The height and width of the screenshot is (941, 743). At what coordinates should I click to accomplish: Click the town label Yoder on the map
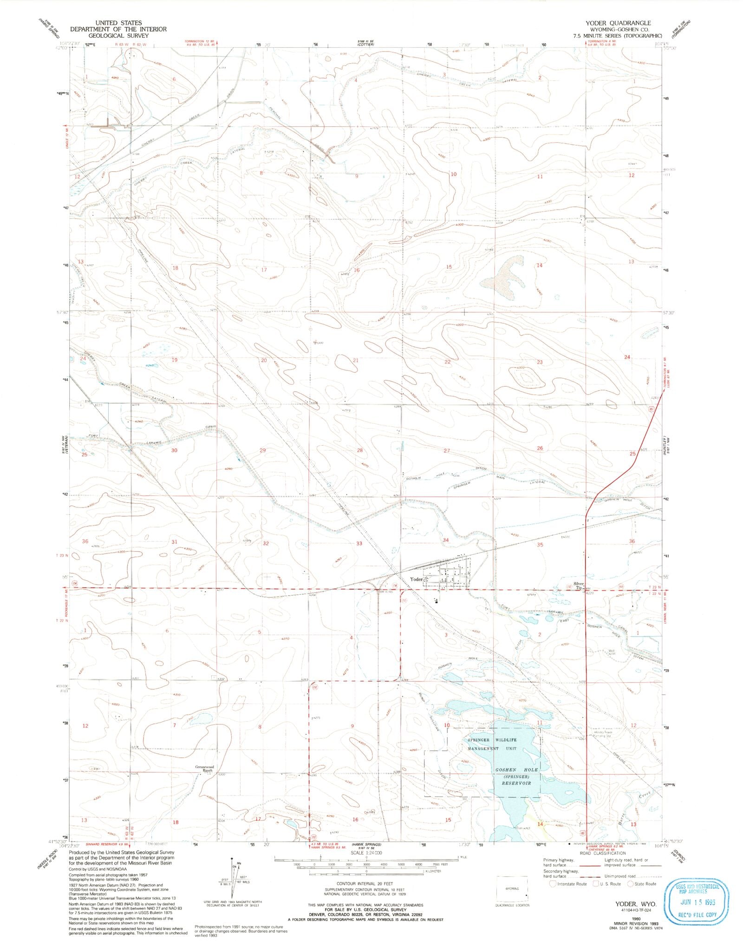pyautogui.click(x=416, y=579)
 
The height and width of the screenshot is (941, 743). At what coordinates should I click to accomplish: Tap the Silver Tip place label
pyautogui.click(x=578, y=586)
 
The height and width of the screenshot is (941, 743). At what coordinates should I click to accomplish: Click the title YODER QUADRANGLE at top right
pyautogui.click(x=624, y=23)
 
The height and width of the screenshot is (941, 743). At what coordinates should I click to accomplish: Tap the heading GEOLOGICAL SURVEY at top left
pyautogui.click(x=118, y=35)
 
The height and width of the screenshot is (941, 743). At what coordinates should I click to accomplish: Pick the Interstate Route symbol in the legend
pyautogui.click(x=552, y=883)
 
